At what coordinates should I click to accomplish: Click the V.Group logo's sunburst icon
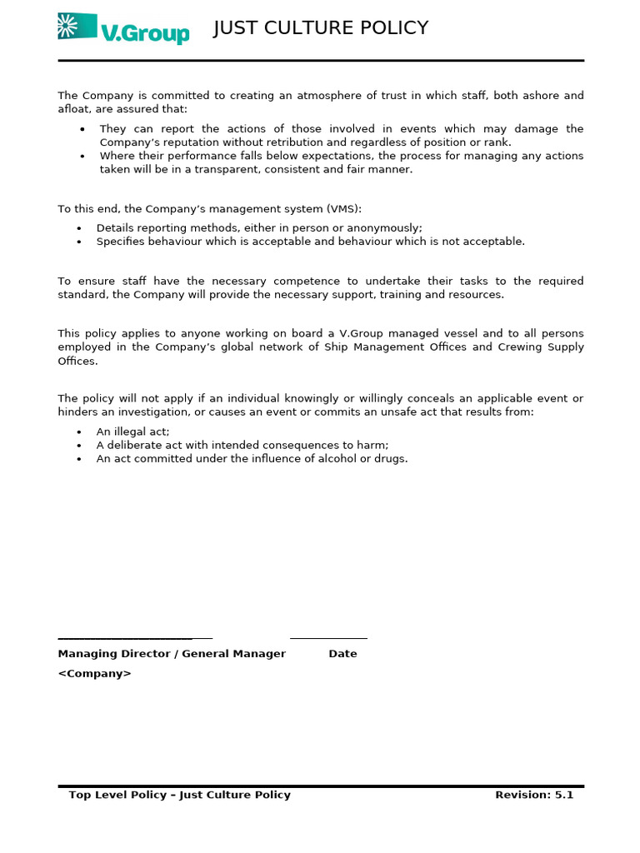coord(77,27)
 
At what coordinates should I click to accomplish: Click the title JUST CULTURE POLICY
coord(321,28)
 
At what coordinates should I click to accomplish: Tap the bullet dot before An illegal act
coord(79,432)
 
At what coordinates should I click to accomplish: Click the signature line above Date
coord(328,638)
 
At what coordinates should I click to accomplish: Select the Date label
coord(342,654)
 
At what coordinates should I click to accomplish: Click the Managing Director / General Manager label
coord(172,654)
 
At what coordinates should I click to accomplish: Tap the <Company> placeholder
coord(94,674)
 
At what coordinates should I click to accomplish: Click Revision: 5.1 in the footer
coord(534,796)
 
